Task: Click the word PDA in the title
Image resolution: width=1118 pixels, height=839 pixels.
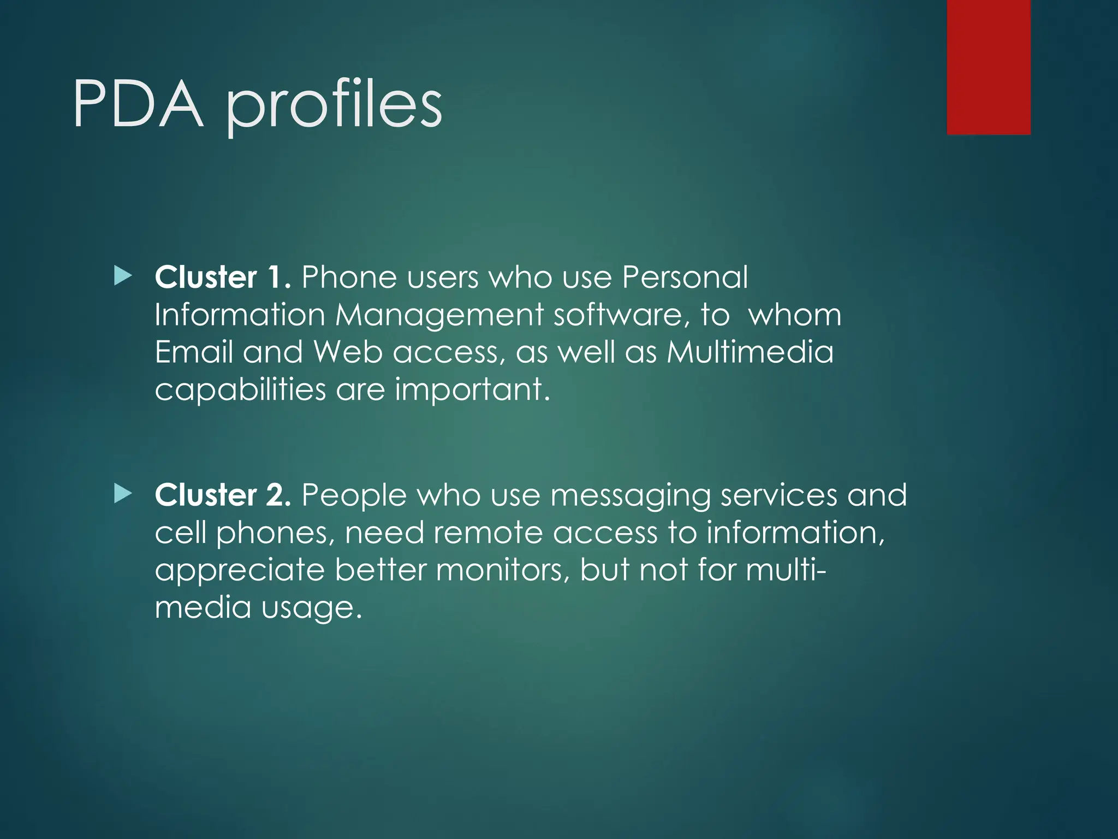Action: [138, 104]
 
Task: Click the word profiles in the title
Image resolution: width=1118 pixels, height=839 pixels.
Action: [334, 107]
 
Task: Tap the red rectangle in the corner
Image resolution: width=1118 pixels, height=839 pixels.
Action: [988, 67]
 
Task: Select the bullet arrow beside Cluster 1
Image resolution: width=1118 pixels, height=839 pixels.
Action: [123, 276]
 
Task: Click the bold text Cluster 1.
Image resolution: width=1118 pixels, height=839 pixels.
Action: [222, 277]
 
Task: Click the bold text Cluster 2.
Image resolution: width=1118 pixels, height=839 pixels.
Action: [222, 495]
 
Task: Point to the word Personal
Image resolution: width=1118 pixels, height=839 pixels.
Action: [685, 277]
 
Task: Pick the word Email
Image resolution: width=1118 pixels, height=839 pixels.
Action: [194, 352]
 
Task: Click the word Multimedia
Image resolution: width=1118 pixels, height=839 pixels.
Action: [750, 352]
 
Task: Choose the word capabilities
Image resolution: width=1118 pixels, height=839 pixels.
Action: [240, 390]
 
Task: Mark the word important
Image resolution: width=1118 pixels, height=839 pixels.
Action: [472, 390]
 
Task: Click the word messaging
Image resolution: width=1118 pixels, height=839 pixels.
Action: [630, 496]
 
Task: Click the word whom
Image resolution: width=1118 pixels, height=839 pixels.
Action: [795, 315]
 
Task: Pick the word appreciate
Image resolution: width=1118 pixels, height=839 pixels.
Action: [240, 571]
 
